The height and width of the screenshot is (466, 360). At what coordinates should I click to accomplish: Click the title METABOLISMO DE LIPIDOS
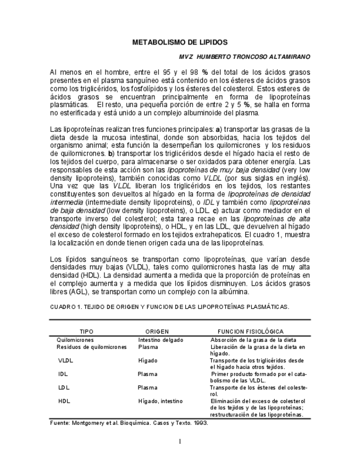[x=180, y=42]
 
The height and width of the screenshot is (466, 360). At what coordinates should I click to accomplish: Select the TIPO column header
[x=87, y=332]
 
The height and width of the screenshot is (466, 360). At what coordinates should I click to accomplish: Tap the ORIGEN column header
[x=157, y=332]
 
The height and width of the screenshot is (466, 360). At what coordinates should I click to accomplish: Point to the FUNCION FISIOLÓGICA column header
[x=251, y=332]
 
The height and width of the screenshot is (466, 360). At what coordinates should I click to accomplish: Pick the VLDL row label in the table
[x=65, y=360]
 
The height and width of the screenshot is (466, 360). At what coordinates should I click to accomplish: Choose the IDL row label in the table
[x=63, y=374]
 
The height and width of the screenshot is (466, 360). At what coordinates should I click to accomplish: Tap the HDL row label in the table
[x=64, y=401]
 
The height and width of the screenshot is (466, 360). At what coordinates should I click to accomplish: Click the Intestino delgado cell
[x=160, y=340]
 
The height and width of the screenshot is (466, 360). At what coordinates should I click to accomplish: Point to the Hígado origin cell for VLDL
[x=147, y=360]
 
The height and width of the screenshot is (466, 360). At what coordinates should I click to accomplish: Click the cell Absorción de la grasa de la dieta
[x=253, y=340]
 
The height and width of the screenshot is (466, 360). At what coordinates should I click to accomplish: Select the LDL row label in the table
[x=64, y=387]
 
